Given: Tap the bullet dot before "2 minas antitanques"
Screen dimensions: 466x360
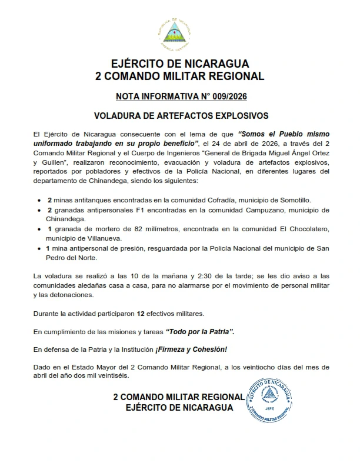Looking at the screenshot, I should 39,201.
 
